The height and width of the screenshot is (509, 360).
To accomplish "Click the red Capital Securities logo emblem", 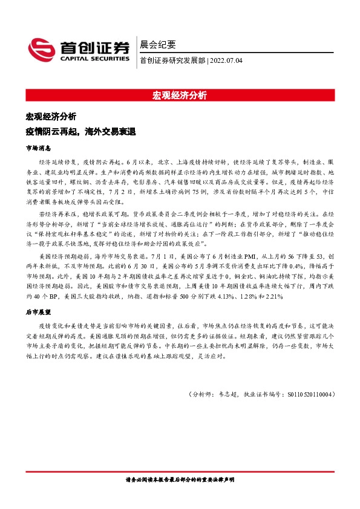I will (42, 49).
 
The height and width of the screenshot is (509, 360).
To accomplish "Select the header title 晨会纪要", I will (158, 45).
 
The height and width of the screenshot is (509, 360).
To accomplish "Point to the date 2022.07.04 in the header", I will (226, 60).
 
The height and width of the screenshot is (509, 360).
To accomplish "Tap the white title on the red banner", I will (180, 95).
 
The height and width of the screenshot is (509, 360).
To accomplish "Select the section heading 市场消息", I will (39, 148).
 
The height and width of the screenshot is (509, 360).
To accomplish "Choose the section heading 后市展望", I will (39, 312).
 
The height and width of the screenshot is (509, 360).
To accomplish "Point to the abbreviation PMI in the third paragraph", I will (232, 256).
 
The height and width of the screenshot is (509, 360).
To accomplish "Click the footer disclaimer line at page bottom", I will (180, 479).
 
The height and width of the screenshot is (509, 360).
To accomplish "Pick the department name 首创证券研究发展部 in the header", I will (172, 60).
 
